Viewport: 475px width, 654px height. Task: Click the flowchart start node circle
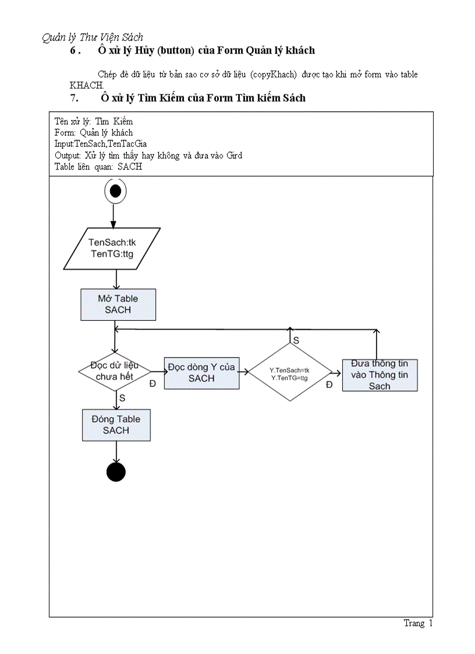coord(115,190)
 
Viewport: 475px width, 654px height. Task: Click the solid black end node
coord(116,472)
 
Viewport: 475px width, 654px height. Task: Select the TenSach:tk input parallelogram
coord(112,248)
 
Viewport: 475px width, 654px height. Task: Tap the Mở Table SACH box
coord(118,304)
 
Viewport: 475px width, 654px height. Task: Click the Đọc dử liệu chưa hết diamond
coord(115,371)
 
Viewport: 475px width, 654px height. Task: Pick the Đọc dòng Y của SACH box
coord(201,373)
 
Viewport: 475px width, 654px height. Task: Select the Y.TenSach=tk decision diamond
coord(289,373)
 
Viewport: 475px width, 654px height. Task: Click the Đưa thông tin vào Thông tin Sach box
coord(380,374)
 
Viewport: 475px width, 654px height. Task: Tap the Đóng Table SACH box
coord(116,425)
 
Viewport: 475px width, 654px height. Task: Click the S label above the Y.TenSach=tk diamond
coord(296,340)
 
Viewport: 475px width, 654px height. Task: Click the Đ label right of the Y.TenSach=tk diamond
coord(329,385)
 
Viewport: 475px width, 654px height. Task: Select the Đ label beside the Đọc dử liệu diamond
coord(153,384)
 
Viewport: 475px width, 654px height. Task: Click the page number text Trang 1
coord(418,623)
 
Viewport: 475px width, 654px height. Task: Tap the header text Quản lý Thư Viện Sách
coord(93,37)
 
